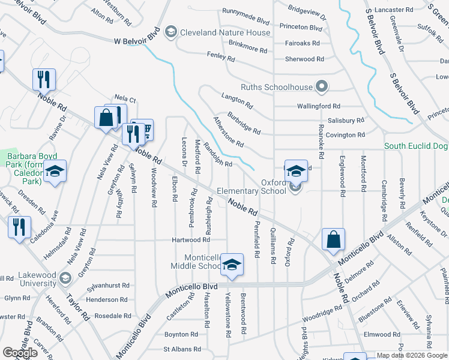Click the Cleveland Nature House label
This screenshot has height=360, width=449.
pos(225,32)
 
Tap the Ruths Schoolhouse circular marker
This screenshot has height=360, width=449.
pos(322,87)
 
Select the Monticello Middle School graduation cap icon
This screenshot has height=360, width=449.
pos(232,264)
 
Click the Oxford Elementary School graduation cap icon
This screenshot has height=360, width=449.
pos(296,171)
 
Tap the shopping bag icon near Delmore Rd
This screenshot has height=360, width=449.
pos(333,239)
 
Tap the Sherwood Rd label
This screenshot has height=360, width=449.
pos(304,59)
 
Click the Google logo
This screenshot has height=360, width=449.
pos(20,353)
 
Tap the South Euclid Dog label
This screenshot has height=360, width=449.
pos(416,146)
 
